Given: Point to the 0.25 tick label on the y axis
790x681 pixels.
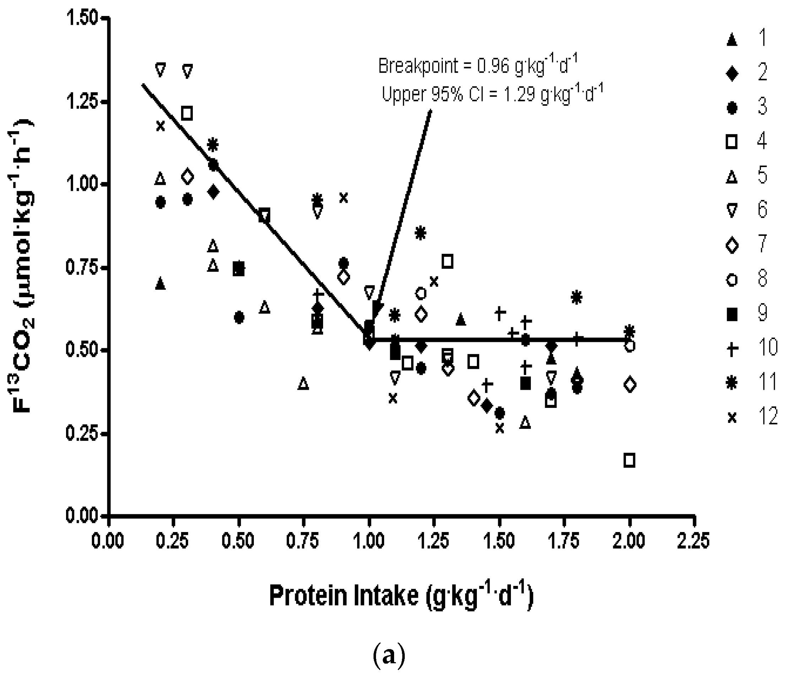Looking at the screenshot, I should coord(82,434).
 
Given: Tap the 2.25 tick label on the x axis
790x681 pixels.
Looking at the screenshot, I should coord(693,541).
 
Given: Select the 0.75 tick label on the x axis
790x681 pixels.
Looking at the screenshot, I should coord(303,541).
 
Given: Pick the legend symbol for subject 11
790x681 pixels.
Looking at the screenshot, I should coord(732,383).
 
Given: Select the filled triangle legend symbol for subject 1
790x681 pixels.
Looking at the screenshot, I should coord(732,40).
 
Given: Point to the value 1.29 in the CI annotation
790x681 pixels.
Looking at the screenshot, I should coord(521,94).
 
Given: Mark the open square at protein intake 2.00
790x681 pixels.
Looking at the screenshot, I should coord(629,460).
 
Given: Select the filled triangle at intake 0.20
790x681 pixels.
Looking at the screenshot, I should coord(160,283).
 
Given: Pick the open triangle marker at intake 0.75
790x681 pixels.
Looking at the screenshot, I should coord(303,383).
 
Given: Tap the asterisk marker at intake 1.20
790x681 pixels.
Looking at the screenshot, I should coord(420,233).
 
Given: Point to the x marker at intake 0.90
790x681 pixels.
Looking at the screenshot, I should coord(344,198).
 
